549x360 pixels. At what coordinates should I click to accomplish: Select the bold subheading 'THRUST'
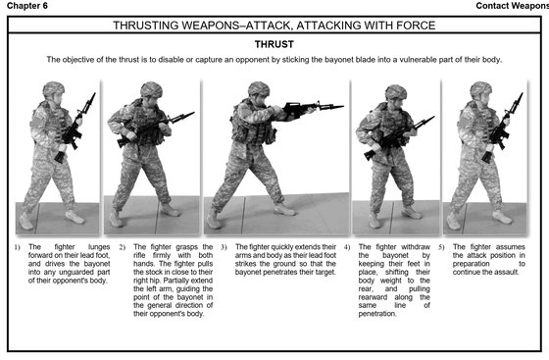(x=274, y=44)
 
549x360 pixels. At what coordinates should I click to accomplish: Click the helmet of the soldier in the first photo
(x=54, y=89)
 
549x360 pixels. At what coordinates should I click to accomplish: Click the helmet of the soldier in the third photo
(x=258, y=89)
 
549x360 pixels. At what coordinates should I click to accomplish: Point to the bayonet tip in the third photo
(x=340, y=106)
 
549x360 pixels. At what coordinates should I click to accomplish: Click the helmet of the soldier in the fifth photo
(x=480, y=89)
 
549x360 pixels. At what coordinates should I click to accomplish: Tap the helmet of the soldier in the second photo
(x=150, y=89)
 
